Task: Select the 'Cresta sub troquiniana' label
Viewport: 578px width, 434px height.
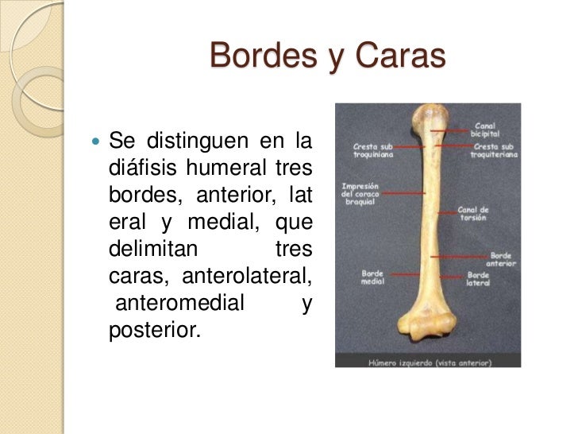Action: [x=368, y=150]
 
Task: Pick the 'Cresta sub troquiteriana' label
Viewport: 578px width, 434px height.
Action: [x=492, y=150]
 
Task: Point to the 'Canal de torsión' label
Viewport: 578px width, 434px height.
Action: [x=474, y=213]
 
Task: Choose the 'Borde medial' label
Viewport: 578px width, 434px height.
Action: [x=372, y=277]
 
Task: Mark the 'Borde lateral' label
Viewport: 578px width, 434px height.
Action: [x=477, y=278]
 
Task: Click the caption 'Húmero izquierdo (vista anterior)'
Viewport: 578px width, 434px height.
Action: [x=428, y=362]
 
